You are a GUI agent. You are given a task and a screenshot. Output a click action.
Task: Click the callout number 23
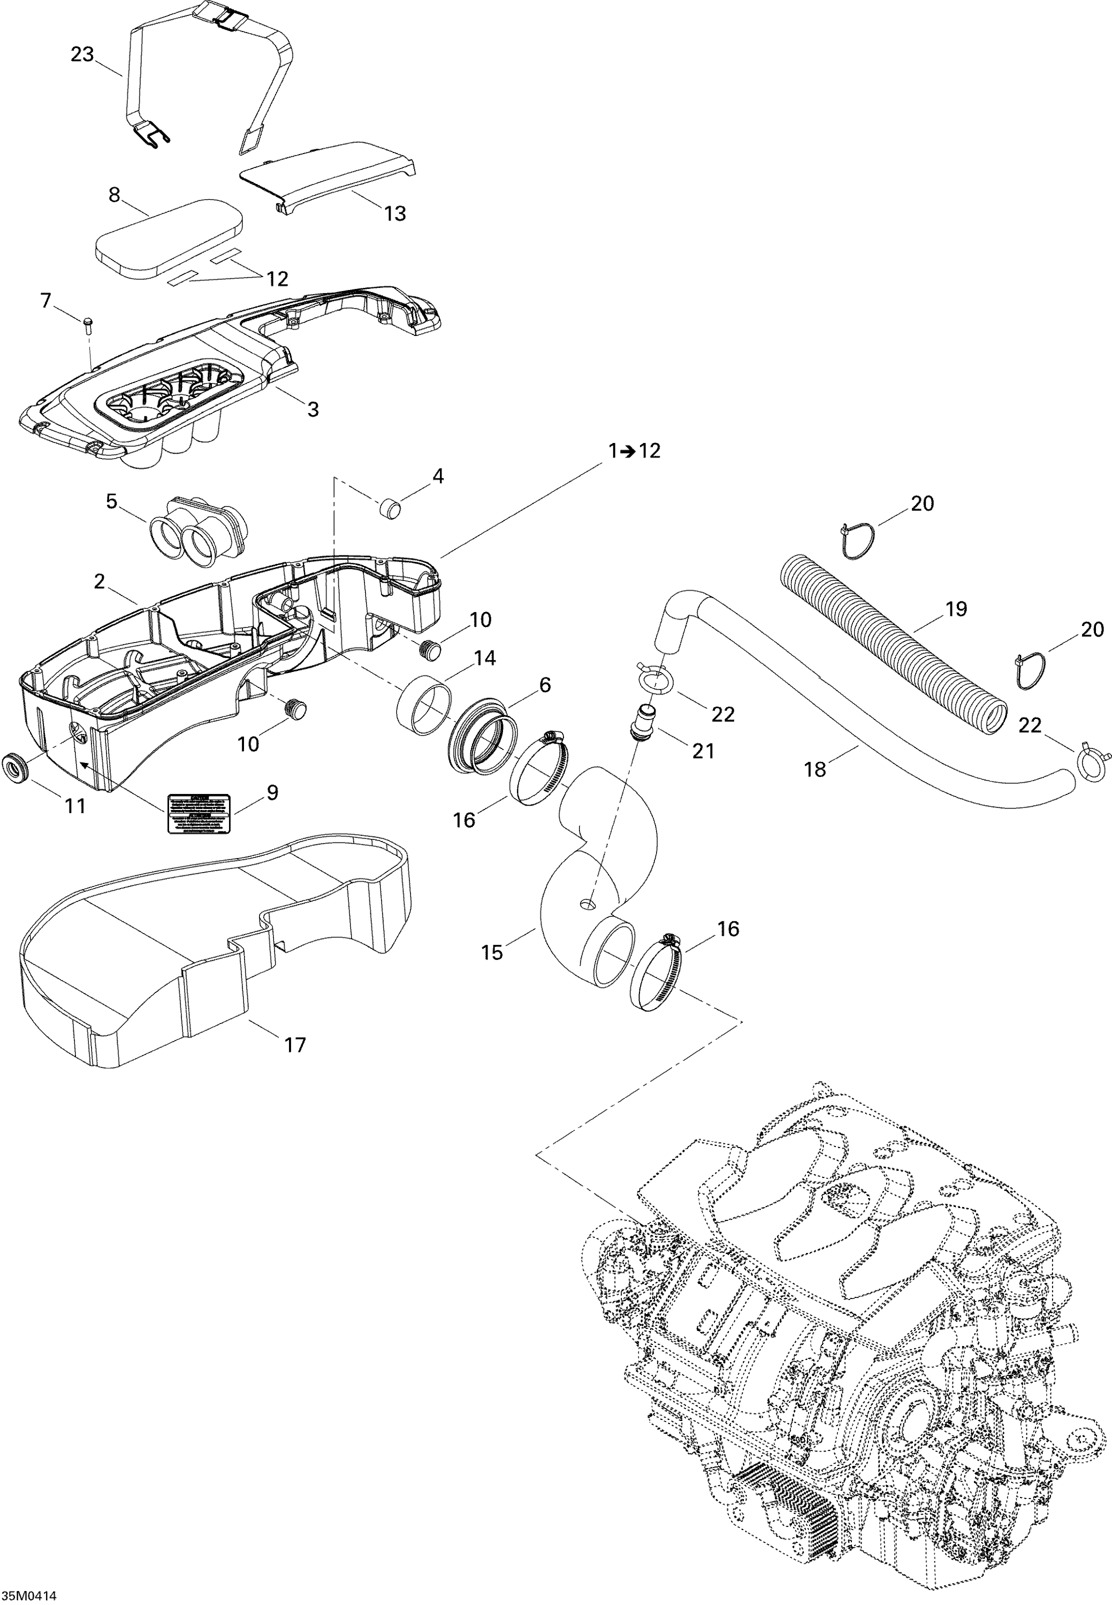pyautogui.click(x=82, y=55)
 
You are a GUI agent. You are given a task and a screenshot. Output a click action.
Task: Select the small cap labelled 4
pyautogui.click(x=392, y=508)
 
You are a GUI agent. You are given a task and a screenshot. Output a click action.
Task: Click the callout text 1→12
pyautogui.click(x=633, y=452)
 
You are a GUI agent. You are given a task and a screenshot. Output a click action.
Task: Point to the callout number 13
pyautogui.click(x=395, y=213)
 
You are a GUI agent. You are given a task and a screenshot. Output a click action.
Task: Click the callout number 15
pyautogui.click(x=492, y=952)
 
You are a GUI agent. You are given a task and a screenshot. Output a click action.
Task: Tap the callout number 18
pyautogui.click(x=814, y=769)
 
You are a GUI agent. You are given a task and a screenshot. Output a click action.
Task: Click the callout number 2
pyautogui.click(x=100, y=581)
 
